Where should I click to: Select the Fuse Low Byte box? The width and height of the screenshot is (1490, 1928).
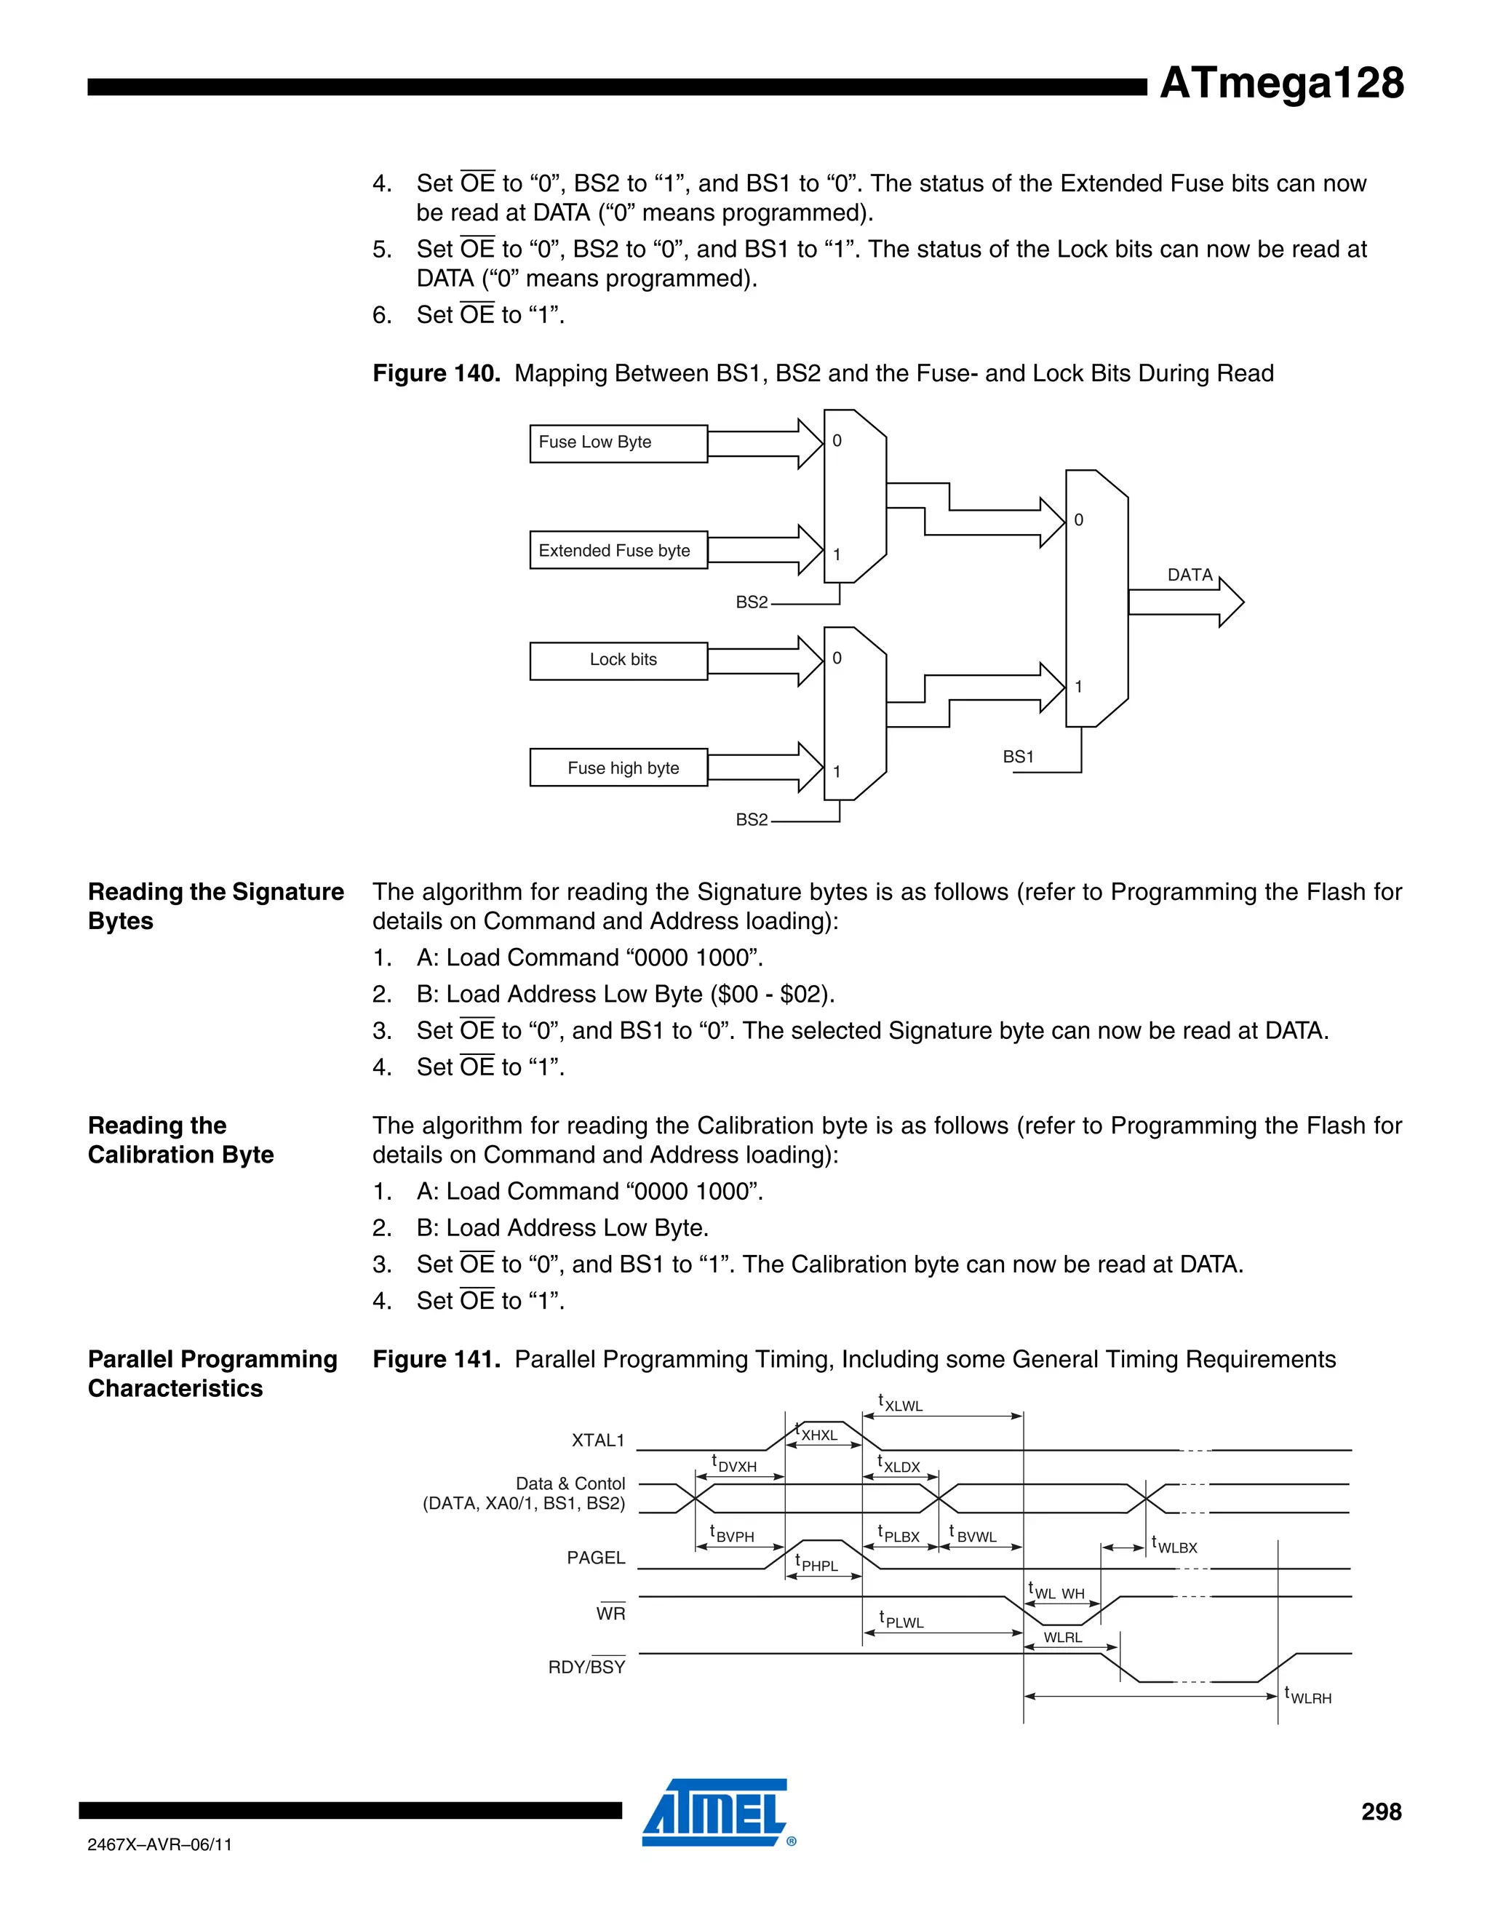point(618,443)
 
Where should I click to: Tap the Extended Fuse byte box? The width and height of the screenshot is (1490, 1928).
point(618,551)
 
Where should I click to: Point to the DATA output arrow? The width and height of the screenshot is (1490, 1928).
point(1187,602)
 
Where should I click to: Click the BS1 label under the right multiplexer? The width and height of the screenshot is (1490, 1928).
point(1018,757)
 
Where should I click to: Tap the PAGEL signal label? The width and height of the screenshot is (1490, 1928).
point(596,1558)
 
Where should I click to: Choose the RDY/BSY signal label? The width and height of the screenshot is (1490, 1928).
point(586,1667)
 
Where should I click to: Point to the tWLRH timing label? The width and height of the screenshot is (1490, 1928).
point(1308,1697)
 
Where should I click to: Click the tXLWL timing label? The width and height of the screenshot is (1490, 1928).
point(901,1403)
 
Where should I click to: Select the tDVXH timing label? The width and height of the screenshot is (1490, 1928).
point(734,1465)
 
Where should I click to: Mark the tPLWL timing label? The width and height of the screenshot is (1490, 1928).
point(901,1621)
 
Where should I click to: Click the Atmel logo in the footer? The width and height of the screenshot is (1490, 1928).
point(716,1812)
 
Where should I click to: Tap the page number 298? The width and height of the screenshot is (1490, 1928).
point(1381,1812)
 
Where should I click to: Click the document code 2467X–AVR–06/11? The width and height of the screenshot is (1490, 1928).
point(160,1844)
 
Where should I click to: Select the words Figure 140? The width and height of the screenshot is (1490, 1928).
point(436,373)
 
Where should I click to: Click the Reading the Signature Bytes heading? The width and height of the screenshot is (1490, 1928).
point(215,906)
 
